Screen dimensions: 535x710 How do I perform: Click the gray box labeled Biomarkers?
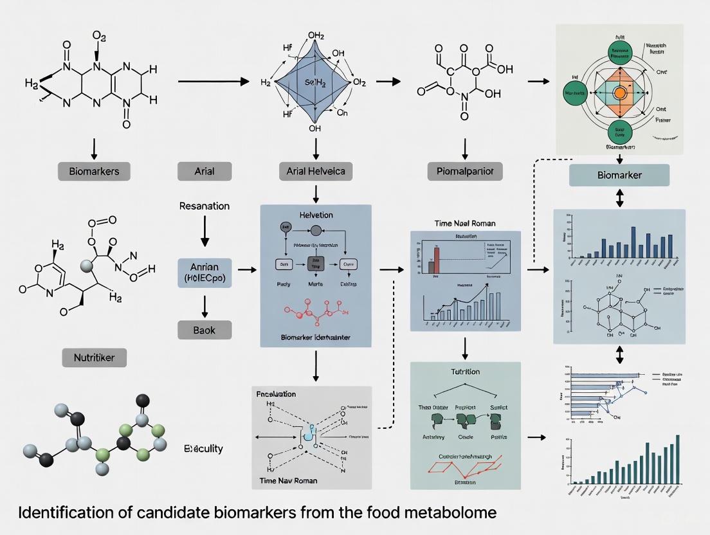(94, 171)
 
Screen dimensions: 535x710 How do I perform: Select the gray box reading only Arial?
(204, 171)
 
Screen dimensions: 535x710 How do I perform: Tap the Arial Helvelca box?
(315, 171)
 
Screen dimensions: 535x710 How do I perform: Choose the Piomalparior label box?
(465, 171)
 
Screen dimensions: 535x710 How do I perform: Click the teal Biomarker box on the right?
(619, 175)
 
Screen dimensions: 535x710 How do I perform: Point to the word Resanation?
(205, 206)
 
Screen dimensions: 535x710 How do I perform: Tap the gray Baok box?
(205, 330)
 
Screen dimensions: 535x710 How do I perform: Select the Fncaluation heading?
(276, 393)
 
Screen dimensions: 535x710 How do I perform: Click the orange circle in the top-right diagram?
(620, 92)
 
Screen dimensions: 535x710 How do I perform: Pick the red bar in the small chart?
(437, 260)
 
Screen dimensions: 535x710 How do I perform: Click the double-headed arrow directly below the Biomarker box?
(620, 198)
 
